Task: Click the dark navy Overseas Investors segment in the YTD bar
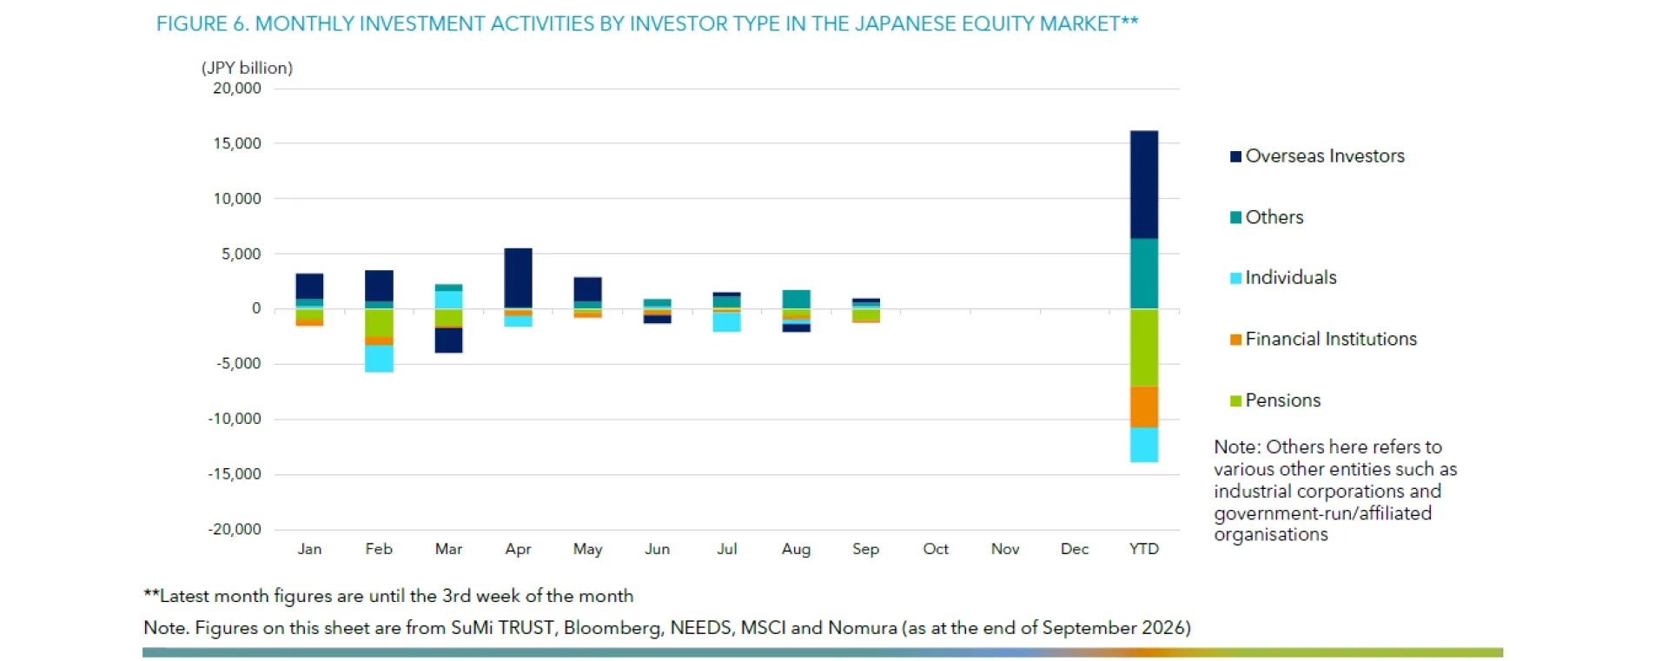coord(1143,184)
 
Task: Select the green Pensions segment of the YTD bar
coord(1143,347)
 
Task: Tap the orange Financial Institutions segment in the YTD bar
coord(1143,407)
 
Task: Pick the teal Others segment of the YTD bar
coord(1143,274)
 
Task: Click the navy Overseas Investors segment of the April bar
coord(518,278)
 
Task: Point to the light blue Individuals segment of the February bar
coord(379,359)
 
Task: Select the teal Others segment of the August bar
coord(796,300)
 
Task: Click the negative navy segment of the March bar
coord(448,340)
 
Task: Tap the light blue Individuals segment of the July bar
coord(726,321)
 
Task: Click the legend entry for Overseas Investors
coord(1317,156)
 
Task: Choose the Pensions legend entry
coord(1275,400)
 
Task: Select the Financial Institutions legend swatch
coord(1235,340)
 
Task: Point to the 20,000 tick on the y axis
coord(237,89)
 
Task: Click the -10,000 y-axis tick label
coord(235,419)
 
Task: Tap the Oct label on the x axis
coord(936,549)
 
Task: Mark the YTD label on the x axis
coord(1143,549)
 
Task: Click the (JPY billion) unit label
coord(247,68)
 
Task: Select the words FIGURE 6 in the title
coord(202,23)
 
